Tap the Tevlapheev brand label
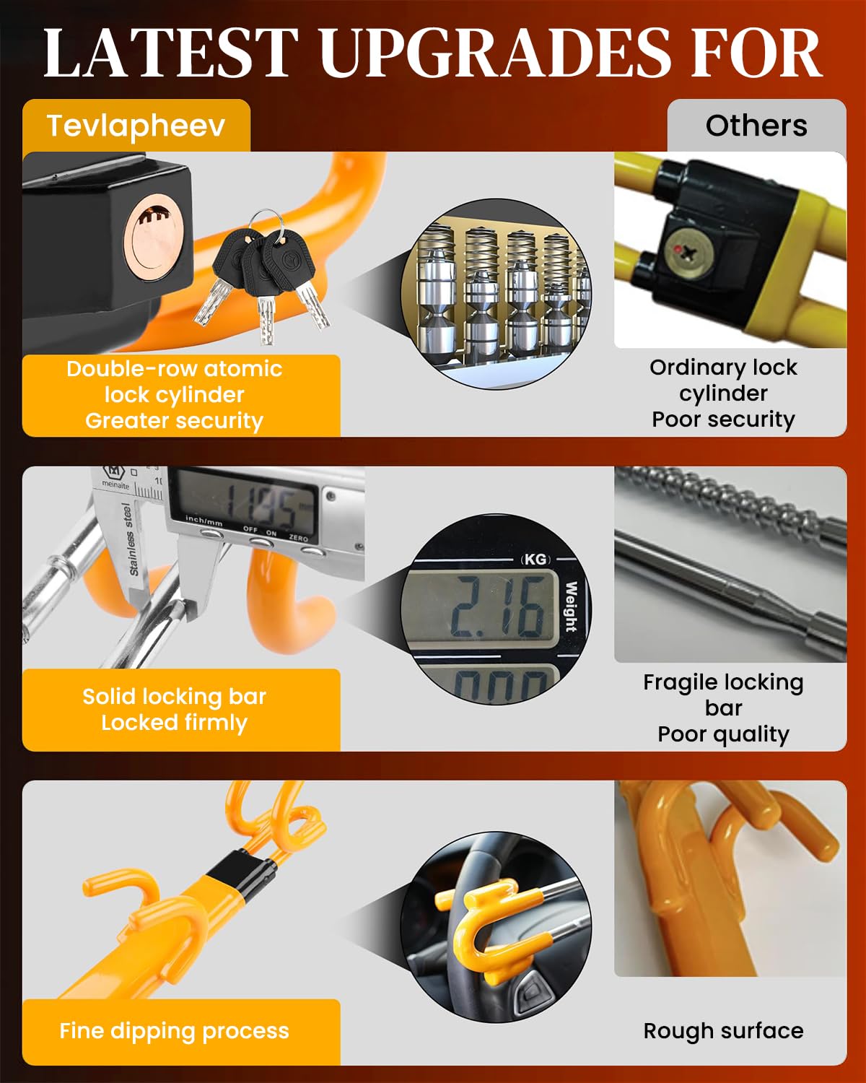pyautogui.click(x=136, y=126)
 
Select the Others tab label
pyautogui.click(x=756, y=126)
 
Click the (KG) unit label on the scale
pyautogui.click(x=535, y=559)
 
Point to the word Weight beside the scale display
pyautogui.click(x=571, y=606)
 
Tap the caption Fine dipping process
pyautogui.click(x=174, y=1030)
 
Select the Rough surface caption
pyautogui.click(x=723, y=1030)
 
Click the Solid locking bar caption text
pyautogui.click(x=174, y=696)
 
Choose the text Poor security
pyautogui.click(x=723, y=419)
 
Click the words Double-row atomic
pyautogui.click(x=174, y=368)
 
